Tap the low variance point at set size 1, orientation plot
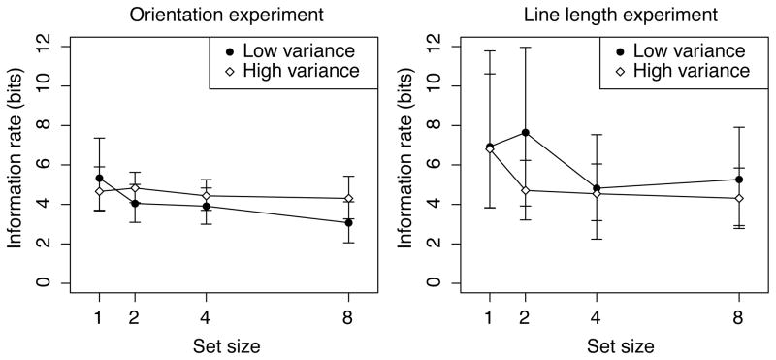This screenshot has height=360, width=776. click(99, 178)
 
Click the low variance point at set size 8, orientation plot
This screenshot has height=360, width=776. click(348, 222)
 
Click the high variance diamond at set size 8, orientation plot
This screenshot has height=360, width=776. click(348, 198)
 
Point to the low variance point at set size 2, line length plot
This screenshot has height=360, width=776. click(525, 132)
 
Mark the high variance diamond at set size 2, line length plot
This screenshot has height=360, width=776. click(525, 190)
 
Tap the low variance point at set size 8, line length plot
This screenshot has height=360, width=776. click(739, 180)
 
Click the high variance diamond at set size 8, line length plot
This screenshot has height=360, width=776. click(739, 198)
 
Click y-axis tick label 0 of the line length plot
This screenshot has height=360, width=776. click(439, 282)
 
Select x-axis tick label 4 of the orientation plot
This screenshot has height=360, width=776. click(207, 318)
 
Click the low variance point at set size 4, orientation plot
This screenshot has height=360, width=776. click(207, 206)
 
